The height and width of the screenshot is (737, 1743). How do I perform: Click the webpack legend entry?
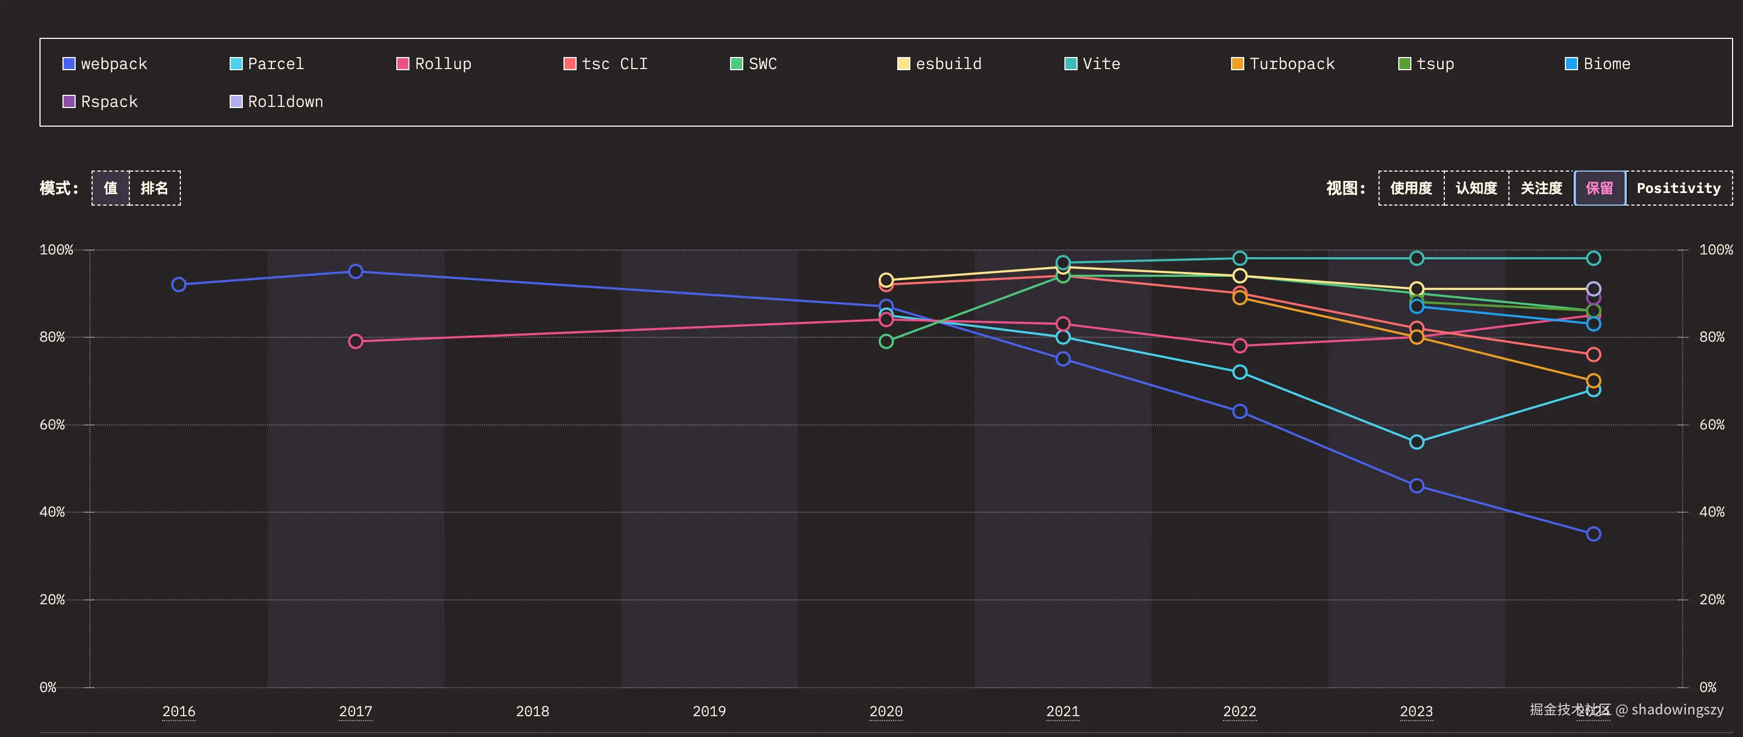point(105,64)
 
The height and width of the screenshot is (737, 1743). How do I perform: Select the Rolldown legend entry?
point(276,101)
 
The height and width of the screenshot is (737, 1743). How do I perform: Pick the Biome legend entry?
point(1598,64)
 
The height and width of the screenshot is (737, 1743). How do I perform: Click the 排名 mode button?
point(154,188)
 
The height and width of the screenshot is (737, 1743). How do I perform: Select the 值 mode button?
point(111,188)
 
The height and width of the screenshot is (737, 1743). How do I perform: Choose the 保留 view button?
point(1599,188)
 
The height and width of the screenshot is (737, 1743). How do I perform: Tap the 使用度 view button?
point(1411,188)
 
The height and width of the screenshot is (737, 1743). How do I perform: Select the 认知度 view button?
point(1476,188)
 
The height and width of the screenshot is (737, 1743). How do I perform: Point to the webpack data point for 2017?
point(355,271)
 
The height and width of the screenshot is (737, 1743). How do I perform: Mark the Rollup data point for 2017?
point(355,342)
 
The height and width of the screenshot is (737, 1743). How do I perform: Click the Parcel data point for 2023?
point(1416,443)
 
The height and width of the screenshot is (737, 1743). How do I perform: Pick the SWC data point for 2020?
point(886,342)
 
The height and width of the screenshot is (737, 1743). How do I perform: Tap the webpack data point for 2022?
point(1240,411)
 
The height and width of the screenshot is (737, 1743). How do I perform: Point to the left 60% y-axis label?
point(52,425)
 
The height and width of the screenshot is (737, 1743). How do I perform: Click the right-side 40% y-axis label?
point(1711,512)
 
